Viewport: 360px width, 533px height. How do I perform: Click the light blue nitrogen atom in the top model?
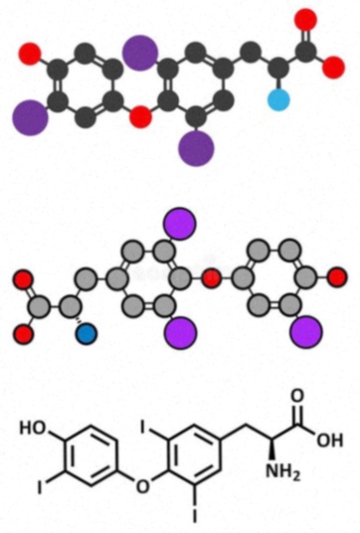point(278,100)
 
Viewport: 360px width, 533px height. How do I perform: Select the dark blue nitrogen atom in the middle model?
point(86,333)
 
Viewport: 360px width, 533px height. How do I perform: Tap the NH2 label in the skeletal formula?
point(282,471)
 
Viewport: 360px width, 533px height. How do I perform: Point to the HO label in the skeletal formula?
point(33,428)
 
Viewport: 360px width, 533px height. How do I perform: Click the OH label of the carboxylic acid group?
point(330,441)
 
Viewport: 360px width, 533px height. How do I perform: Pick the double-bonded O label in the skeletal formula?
point(297,396)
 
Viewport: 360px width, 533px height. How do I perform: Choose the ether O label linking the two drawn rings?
point(142,486)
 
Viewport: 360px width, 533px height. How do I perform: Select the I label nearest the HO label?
point(40,487)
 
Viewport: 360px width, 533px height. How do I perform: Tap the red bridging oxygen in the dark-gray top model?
point(140,116)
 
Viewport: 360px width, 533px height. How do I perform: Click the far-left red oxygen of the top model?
point(30,54)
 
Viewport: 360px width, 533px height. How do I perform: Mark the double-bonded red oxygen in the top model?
point(305,20)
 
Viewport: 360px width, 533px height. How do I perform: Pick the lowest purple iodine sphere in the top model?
point(196,148)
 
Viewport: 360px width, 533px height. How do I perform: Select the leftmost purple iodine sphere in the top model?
point(30,117)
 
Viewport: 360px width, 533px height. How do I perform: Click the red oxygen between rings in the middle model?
point(211,277)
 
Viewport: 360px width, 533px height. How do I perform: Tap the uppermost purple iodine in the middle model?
point(180,224)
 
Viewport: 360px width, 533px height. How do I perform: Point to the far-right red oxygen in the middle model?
point(338,277)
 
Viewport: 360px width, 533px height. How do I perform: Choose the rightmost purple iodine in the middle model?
point(306,332)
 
